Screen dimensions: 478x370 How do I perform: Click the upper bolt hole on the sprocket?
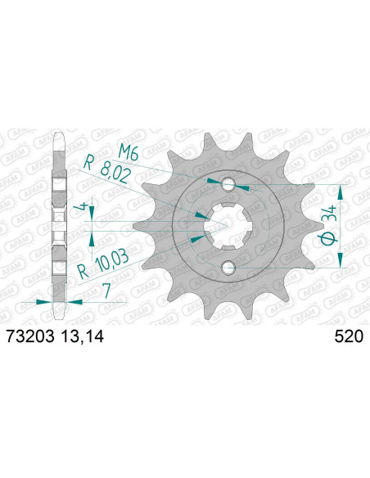pos(228,182)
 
